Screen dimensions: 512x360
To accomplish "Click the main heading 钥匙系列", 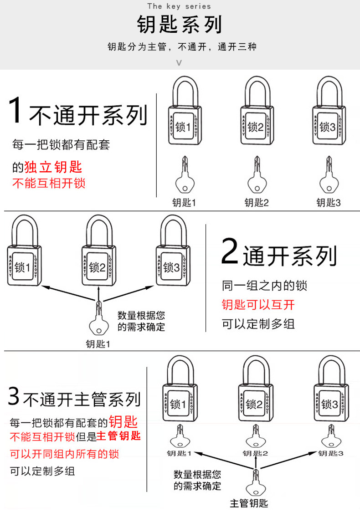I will (180, 24).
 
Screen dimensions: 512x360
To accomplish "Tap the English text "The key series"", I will (179, 6).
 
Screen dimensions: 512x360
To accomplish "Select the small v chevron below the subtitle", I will (179, 63).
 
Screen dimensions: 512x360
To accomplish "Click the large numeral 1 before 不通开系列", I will (15, 110).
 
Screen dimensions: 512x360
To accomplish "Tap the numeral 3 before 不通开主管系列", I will (14, 397).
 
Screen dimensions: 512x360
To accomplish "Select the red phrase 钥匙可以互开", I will (258, 305).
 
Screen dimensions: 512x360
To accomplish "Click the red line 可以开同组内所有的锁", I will (64, 454).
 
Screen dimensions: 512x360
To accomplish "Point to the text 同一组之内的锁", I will (264, 286).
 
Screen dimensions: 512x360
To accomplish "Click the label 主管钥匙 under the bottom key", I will (249, 503).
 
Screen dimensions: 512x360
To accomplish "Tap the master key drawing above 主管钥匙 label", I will (255, 483).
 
